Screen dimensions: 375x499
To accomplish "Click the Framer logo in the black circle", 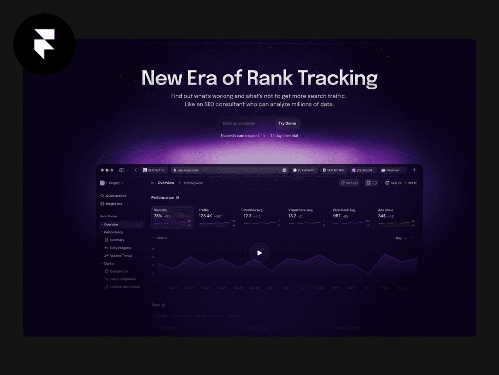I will (44, 44).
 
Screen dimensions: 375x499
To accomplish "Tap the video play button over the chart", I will (259, 252).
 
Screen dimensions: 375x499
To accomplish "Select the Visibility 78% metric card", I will (172, 217).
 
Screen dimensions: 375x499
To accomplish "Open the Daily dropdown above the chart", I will (400, 238).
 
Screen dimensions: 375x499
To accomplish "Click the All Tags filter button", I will (349, 183).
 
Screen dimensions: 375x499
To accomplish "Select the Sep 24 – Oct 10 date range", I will (401, 183).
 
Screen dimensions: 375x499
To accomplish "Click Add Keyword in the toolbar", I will (191, 183).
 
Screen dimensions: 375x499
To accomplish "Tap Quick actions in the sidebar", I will (115, 196).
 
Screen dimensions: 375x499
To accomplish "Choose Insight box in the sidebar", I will (114, 204).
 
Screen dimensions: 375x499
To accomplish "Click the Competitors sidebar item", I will (119, 271).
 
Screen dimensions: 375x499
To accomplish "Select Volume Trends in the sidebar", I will (120, 256).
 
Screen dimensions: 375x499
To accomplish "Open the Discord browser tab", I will (364, 170).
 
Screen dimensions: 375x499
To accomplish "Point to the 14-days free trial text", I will (284, 136).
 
